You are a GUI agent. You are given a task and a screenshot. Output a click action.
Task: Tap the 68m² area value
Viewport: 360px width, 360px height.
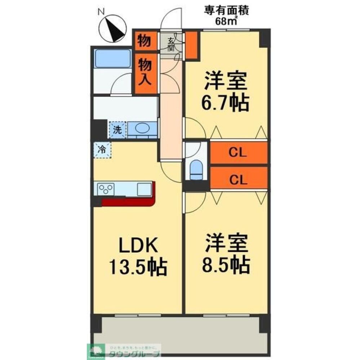tap(227, 21)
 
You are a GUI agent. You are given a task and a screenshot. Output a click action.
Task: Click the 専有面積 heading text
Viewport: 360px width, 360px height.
tap(227, 10)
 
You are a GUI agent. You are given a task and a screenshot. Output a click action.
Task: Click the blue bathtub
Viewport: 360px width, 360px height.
tap(112, 58)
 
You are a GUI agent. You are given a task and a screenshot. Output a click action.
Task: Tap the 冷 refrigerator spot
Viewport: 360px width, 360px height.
tap(102, 149)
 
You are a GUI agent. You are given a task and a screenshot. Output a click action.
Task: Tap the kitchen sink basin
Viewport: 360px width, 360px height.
tap(144, 189)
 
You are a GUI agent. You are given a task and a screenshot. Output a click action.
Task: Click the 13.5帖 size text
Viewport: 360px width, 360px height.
tap(137, 267)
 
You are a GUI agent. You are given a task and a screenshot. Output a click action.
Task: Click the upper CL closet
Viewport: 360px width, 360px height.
tap(238, 153)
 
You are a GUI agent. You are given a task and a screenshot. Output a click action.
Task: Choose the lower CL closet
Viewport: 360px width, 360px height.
tap(238, 179)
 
